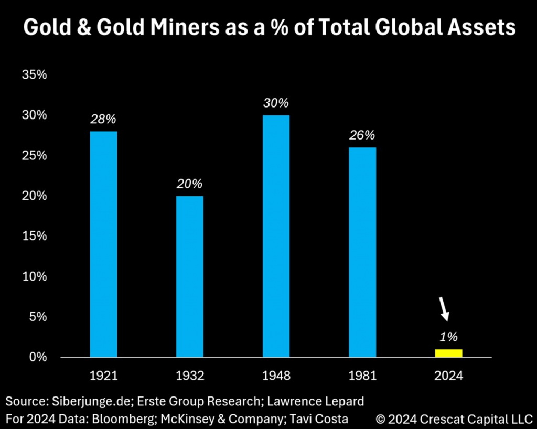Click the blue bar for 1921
click(x=103, y=244)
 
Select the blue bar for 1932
click(x=190, y=276)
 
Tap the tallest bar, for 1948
click(x=276, y=236)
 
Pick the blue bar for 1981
click(x=362, y=252)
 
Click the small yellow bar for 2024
click(x=448, y=353)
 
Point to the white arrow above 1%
click(x=444, y=309)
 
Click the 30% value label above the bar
click(x=276, y=103)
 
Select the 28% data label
click(x=103, y=119)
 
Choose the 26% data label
click(x=362, y=135)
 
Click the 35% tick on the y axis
click(x=35, y=75)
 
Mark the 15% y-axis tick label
click(x=35, y=236)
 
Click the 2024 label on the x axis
click(x=448, y=376)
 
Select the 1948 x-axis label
click(x=276, y=376)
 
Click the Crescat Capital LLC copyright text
click(x=454, y=419)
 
